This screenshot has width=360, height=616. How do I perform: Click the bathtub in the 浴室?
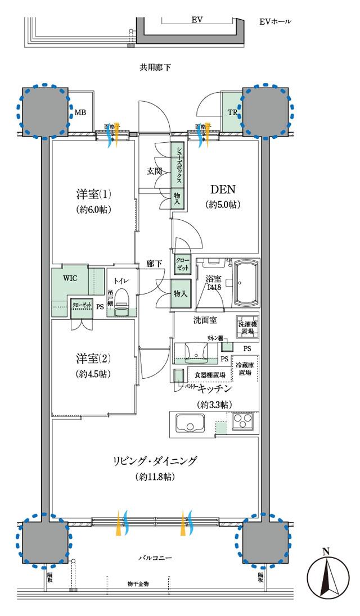click(245, 283)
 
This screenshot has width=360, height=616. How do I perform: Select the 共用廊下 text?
click(155, 67)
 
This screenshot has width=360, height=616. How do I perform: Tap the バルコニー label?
click(155, 558)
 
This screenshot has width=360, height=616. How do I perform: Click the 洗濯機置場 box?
click(246, 329)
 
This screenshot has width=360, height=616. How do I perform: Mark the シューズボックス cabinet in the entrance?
click(178, 165)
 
